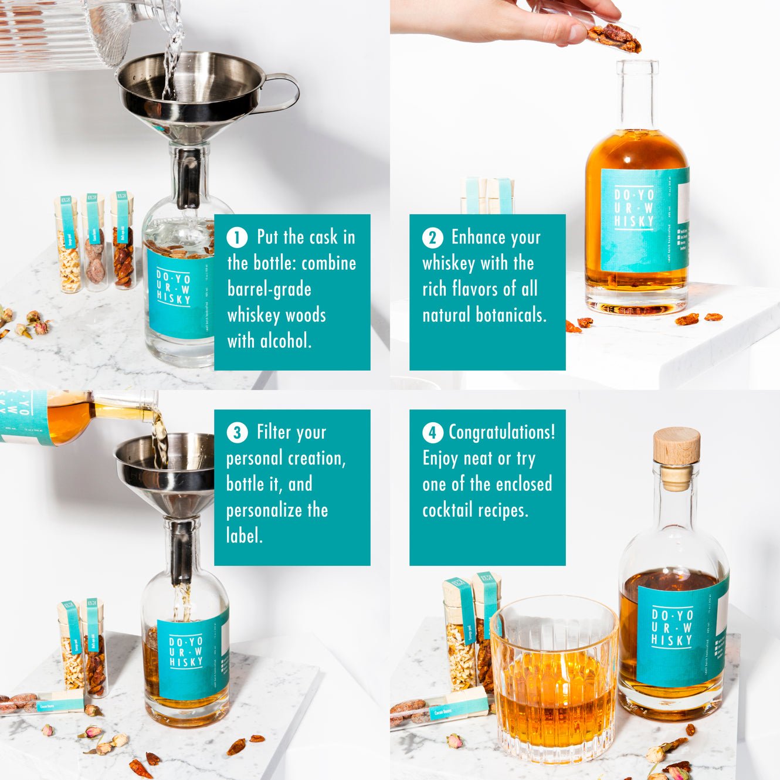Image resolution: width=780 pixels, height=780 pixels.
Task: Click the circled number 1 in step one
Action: tap(237, 238)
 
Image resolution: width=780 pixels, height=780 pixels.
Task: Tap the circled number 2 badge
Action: tap(432, 238)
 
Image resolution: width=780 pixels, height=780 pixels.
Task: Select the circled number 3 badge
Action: tap(237, 433)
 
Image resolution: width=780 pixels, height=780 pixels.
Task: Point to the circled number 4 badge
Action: tap(432, 433)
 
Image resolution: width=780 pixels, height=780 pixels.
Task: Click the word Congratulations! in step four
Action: tap(501, 432)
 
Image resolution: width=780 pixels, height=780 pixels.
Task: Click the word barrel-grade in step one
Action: tap(269, 289)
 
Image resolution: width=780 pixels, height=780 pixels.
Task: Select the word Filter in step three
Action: tap(274, 432)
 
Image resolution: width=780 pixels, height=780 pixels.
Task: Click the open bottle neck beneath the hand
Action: tap(637, 94)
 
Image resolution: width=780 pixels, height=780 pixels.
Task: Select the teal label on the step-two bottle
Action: tap(639, 220)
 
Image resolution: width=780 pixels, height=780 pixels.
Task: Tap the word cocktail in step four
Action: tap(447, 510)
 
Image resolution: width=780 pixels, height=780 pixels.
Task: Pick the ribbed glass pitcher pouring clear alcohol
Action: tap(59, 35)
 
